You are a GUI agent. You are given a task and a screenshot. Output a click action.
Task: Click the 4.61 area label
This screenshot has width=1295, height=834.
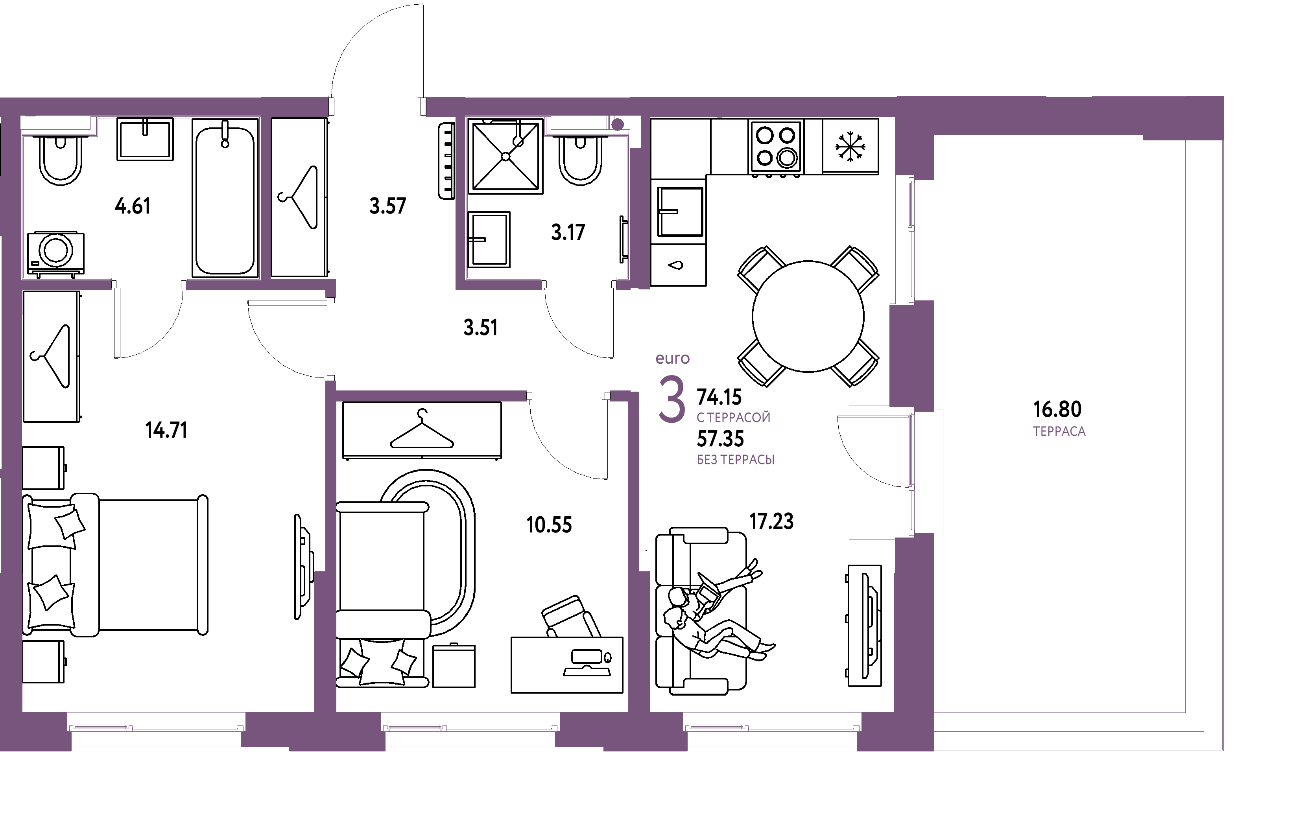pos(133,206)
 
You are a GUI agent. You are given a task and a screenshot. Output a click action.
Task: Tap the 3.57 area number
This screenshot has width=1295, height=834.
pos(387,206)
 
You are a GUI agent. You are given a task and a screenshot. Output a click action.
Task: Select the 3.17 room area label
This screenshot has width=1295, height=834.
pos(568,233)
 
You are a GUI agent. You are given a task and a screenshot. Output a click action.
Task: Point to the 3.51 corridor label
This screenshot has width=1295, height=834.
pos(480,328)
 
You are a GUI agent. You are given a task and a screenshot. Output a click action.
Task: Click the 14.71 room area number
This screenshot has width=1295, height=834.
pos(167,431)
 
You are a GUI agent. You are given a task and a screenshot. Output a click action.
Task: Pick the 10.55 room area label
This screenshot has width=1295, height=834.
pos(549,525)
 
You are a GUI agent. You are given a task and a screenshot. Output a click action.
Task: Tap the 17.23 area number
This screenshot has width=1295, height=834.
pos(771,521)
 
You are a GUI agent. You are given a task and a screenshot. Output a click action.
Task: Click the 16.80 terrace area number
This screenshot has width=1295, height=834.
pos(1057,409)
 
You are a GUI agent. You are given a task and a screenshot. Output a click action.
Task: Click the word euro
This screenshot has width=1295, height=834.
pos(673,359)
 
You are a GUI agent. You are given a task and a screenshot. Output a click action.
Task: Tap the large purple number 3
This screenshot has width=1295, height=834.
pos(671,399)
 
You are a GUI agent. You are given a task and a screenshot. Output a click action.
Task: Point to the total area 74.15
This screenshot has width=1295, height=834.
pos(719,398)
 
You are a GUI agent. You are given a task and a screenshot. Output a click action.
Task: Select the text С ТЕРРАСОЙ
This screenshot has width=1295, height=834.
pos(733,418)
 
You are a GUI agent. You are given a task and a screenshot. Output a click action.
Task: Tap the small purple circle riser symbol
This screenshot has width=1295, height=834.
pos(618,125)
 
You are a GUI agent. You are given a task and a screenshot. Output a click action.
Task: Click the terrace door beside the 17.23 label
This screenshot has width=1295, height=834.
pos(913,471)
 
